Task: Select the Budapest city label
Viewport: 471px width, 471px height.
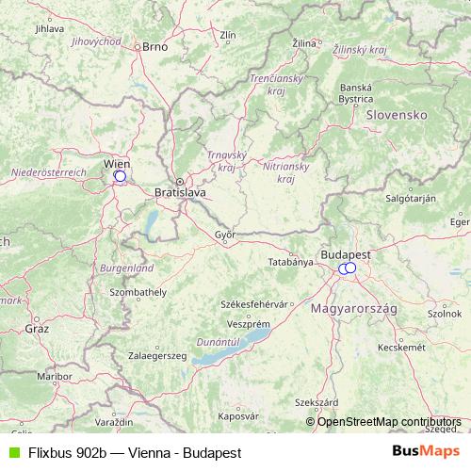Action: [346, 254]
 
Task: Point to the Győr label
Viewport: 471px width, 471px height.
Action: [225, 235]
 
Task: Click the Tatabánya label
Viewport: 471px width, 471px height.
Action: [290, 261]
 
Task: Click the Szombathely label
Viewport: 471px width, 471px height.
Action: [138, 294]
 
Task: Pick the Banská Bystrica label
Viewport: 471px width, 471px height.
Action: [357, 92]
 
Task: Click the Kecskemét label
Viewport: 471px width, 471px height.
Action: [396, 347]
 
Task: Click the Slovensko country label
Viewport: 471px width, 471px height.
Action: [397, 114]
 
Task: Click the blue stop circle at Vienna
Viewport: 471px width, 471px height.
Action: [120, 175]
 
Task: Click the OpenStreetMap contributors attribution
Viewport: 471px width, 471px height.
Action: [388, 421]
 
